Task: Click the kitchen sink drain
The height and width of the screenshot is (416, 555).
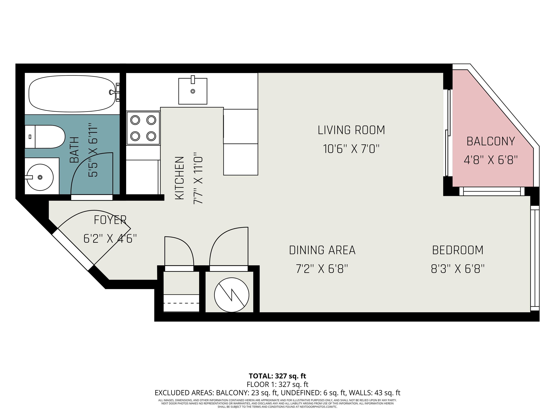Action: [193, 91]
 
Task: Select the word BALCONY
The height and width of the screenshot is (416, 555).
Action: [491, 141]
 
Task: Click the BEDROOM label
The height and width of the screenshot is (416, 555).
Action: [458, 250]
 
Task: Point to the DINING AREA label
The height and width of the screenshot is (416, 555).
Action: [322, 250]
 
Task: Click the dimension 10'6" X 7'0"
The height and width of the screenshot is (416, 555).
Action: [351, 149]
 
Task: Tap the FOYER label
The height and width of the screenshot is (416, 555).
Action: [110, 220]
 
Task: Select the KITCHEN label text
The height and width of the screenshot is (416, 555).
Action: [180, 178]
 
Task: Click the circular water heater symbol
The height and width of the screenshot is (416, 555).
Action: [231, 295]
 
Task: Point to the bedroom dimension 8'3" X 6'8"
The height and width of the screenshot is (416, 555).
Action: [458, 269]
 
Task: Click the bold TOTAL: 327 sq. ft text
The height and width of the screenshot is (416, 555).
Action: [277, 376]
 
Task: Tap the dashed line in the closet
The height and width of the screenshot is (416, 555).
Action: [181, 303]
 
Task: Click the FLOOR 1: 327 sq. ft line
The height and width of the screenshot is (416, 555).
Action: [277, 384]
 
